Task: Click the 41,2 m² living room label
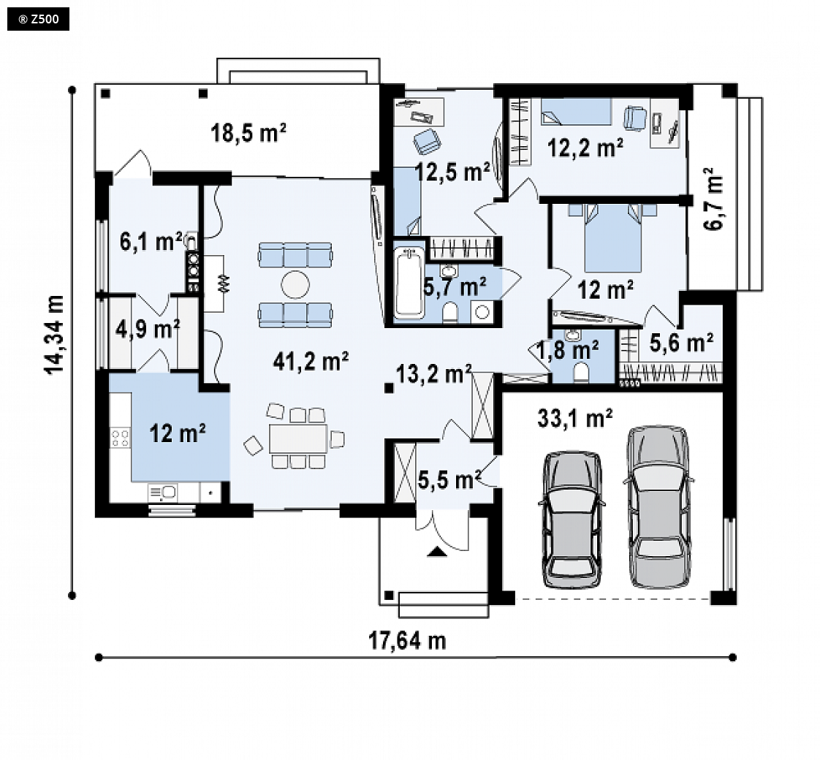tap(311, 361)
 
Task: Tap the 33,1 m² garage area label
tap(574, 418)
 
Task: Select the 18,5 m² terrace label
tap(248, 132)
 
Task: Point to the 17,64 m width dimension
tap(407, 640)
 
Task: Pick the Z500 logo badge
tap(38, 19)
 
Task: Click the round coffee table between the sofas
tap(295, 284)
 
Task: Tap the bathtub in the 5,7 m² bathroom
tap(409, 282)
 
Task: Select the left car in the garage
tap(572, 520)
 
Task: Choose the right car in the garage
tap(658, 506)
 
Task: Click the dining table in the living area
tap(298, 438)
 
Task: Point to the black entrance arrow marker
tap(436, 551)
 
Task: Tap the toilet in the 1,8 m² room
tap(580, 373)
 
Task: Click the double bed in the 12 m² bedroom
tap(612, 238)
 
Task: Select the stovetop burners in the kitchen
tap(120, 438)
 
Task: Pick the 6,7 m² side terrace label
tap(713, 199)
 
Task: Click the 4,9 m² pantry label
tap(148, 329)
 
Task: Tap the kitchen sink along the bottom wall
tap(163, 493)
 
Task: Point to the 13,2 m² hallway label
tap(433, 373)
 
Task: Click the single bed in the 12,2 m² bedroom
tap(576, 111)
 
